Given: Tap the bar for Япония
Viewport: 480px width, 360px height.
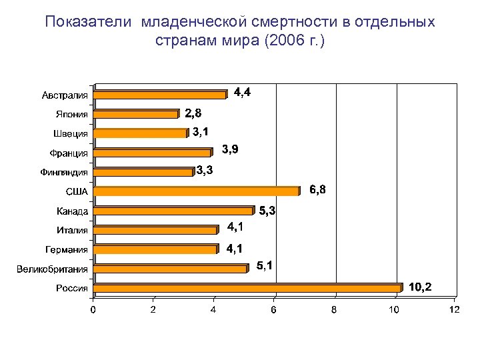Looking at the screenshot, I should pyautogui.click(x=137, y=114).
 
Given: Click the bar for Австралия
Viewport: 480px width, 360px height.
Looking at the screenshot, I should pyautogui.click(x=161, y=95).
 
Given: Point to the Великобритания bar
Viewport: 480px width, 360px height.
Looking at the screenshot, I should pyautogui.click(x=171, y=269).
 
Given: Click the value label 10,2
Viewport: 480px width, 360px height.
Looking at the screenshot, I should pyautogui.click(x=420, y=287).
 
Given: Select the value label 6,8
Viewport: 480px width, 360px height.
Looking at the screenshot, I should pyautogui.click(x=318, y=190).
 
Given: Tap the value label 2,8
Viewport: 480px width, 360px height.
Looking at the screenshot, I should pyautogui.click(x=193, y=112).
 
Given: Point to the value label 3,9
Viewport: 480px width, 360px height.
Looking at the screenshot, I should pyautogui.click(x=230, y=149).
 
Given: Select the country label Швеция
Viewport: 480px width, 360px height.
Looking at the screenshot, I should pyautogui.click(x=71, y=134).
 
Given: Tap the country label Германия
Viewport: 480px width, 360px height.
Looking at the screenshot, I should pyautogui.click(x=67, y=250).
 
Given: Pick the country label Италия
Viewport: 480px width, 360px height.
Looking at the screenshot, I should pyautogui.click(x=72, y=231).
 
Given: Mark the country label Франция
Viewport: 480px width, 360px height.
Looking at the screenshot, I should pyautogui.click(x=69, y=153).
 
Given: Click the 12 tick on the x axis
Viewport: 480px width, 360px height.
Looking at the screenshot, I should pyautogui.click(x=455, y=310).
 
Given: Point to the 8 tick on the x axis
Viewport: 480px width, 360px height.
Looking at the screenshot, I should pyautogui.click(x=334, y=310).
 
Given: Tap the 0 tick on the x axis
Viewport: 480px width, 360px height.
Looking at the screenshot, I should pyautogui.click(x=93, y=310).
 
